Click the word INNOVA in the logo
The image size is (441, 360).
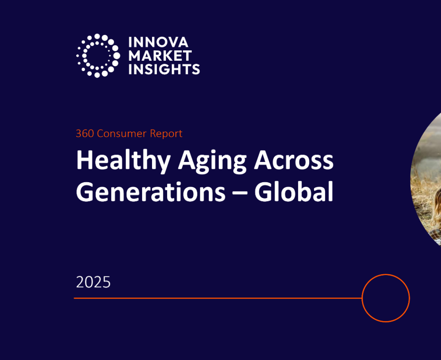[158, 42]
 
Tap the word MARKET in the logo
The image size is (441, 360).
[160, 56]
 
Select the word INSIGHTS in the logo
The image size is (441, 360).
[164, 69]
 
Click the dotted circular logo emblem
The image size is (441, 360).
[98, 56]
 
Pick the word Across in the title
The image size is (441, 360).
[294, 161]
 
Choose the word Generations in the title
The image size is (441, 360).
[150, 192]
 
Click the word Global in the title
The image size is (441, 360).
[294, 192]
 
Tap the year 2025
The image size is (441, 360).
[93, 282]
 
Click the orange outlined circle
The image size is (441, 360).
[385, 298]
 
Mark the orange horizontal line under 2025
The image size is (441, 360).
[215, 298]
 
